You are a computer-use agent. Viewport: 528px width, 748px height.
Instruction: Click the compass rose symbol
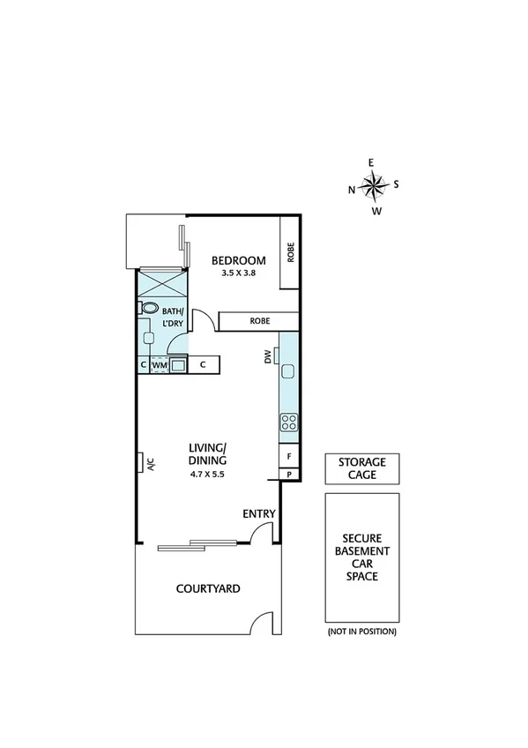375,185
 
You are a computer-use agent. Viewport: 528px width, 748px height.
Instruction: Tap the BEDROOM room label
238,260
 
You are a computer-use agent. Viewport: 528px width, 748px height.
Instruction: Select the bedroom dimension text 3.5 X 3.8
238,274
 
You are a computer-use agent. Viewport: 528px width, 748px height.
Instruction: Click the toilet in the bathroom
148,308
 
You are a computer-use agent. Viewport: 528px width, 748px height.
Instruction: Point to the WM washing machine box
160,364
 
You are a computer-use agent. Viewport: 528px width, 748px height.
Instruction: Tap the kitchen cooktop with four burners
289,422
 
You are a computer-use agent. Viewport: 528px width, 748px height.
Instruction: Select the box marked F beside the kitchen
289,455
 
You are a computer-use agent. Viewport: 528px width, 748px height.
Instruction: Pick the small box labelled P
289,475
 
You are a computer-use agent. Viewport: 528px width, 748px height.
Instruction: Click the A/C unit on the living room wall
143,463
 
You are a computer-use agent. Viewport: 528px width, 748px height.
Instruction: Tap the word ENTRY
259,513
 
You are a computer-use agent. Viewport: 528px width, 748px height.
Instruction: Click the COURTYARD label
208,589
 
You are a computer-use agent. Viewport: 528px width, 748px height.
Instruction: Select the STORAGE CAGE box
362,468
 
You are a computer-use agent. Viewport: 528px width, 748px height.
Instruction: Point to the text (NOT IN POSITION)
361,632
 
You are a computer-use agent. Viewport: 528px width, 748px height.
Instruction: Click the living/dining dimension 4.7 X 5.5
208,475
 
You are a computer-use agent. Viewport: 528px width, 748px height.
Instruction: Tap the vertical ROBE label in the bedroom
290,252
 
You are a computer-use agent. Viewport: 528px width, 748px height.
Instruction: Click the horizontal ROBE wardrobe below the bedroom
259,321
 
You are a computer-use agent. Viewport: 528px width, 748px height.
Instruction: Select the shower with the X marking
162,285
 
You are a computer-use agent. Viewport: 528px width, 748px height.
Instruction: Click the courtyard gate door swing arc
261,622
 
